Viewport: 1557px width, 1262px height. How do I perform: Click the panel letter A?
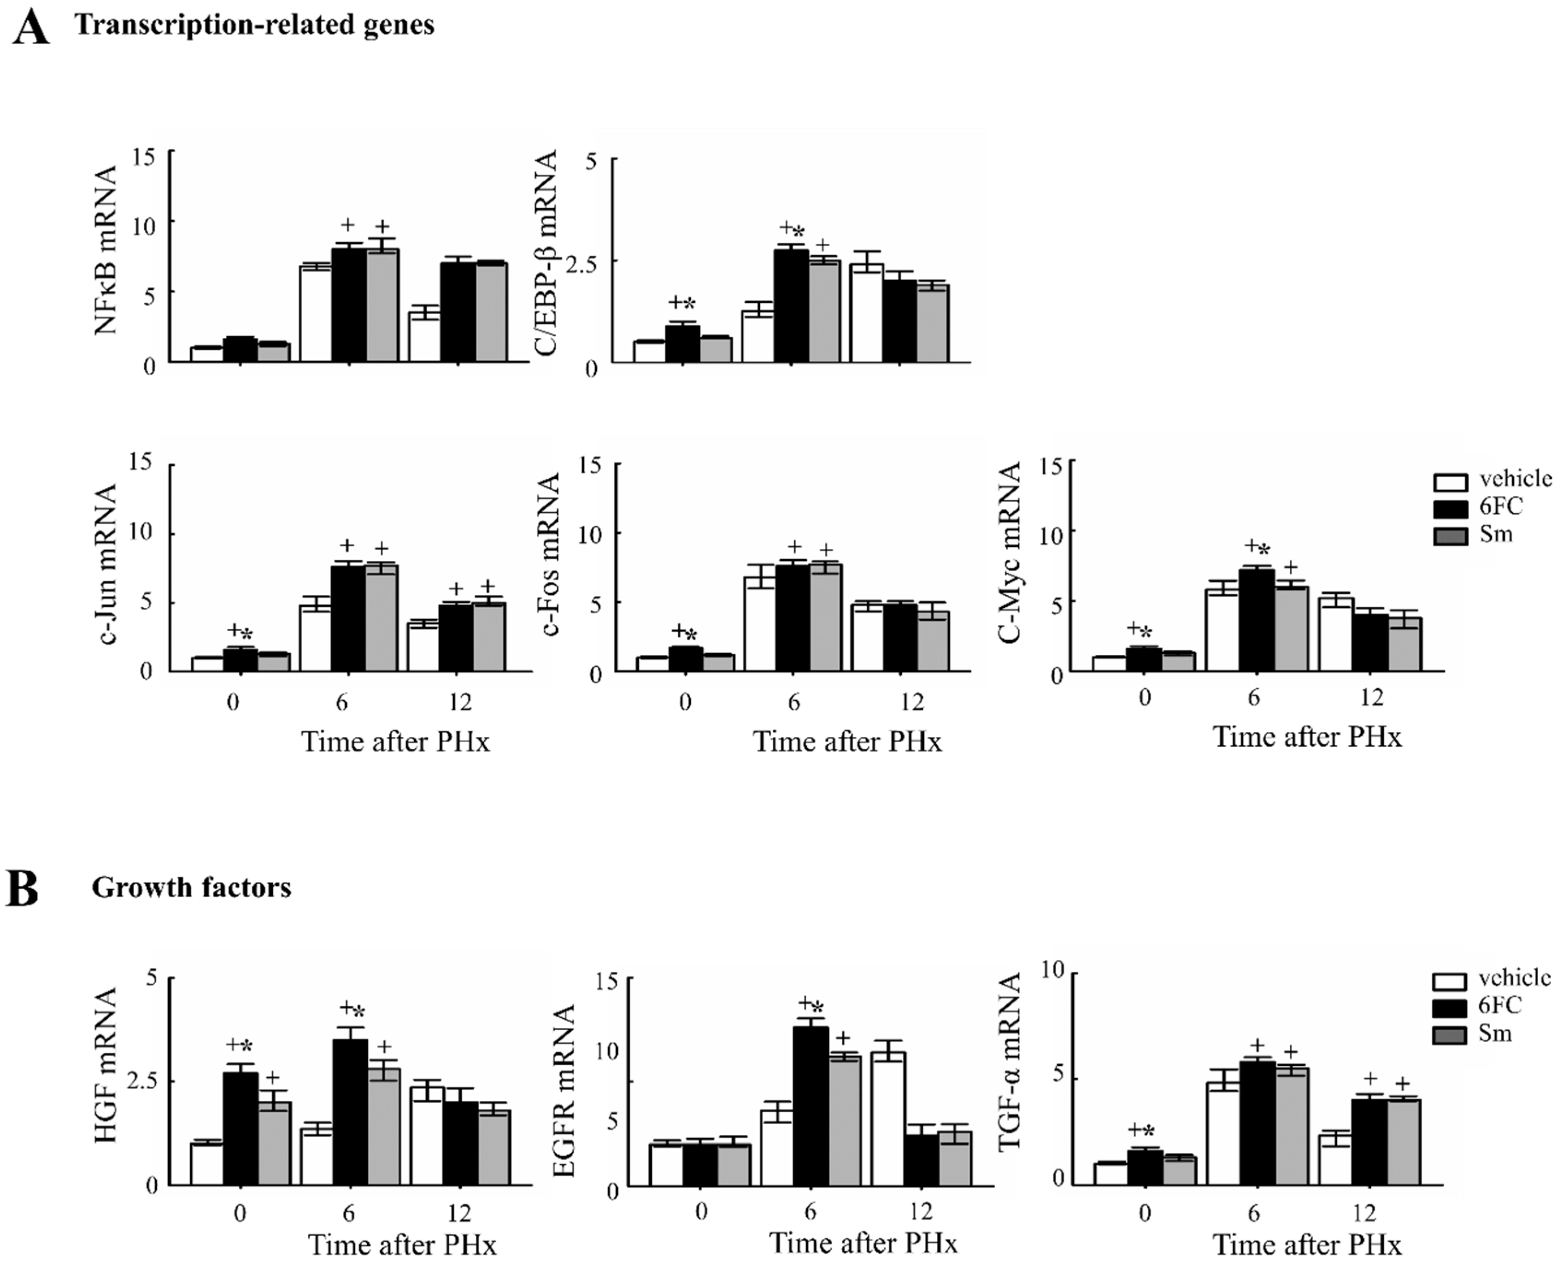point(30,28)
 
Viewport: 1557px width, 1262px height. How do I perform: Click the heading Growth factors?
point(191,887)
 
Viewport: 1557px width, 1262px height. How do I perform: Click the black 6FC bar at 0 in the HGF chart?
point(241,1128)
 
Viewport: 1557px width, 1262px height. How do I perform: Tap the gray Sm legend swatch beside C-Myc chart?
point(1450,536)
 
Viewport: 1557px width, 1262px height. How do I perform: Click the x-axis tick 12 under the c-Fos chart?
point(912,702)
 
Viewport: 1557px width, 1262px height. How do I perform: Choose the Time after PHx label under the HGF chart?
point(402,1245)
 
